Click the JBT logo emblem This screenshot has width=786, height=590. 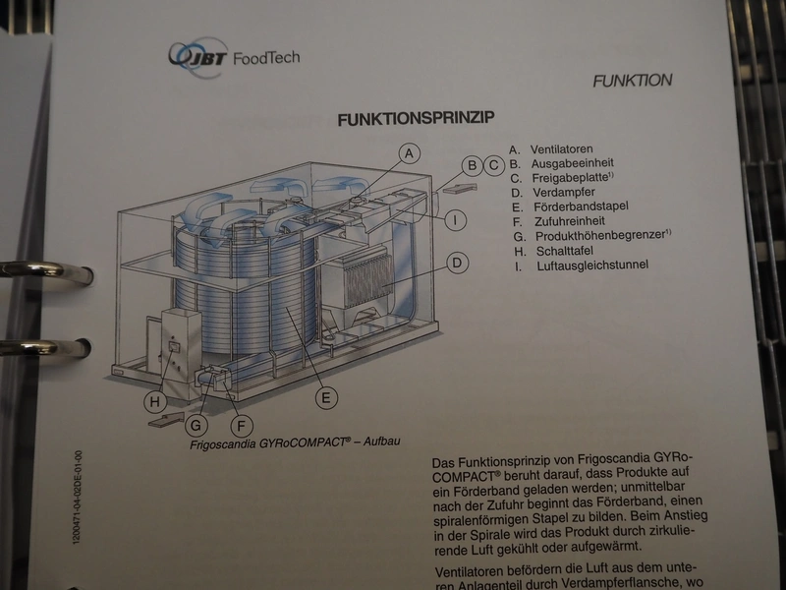(198, 57)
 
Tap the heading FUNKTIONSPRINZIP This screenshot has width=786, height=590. (416, 119)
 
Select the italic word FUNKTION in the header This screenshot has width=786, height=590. (633, 81)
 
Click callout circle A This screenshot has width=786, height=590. (410, 153)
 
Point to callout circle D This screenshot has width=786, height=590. (457, 263)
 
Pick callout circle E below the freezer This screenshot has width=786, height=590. (326, 398)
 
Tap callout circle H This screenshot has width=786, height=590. (155, 401)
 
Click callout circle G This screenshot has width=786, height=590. (196, 426)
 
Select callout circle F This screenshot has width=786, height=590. (242, 427)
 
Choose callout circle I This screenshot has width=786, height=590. (455, 219)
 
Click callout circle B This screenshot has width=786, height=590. (472, 165)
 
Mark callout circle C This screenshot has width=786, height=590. (494, 165)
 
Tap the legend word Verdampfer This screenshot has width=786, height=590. (564, 193)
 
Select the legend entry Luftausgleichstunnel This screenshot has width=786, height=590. (592, 265)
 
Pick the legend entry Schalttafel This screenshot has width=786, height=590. (565, 251)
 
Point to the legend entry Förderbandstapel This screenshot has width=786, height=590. (581, 206)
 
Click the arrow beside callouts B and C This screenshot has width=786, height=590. (460, 189)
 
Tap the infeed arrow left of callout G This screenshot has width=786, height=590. (166, 420)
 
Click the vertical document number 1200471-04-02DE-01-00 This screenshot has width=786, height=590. (78, 497)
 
